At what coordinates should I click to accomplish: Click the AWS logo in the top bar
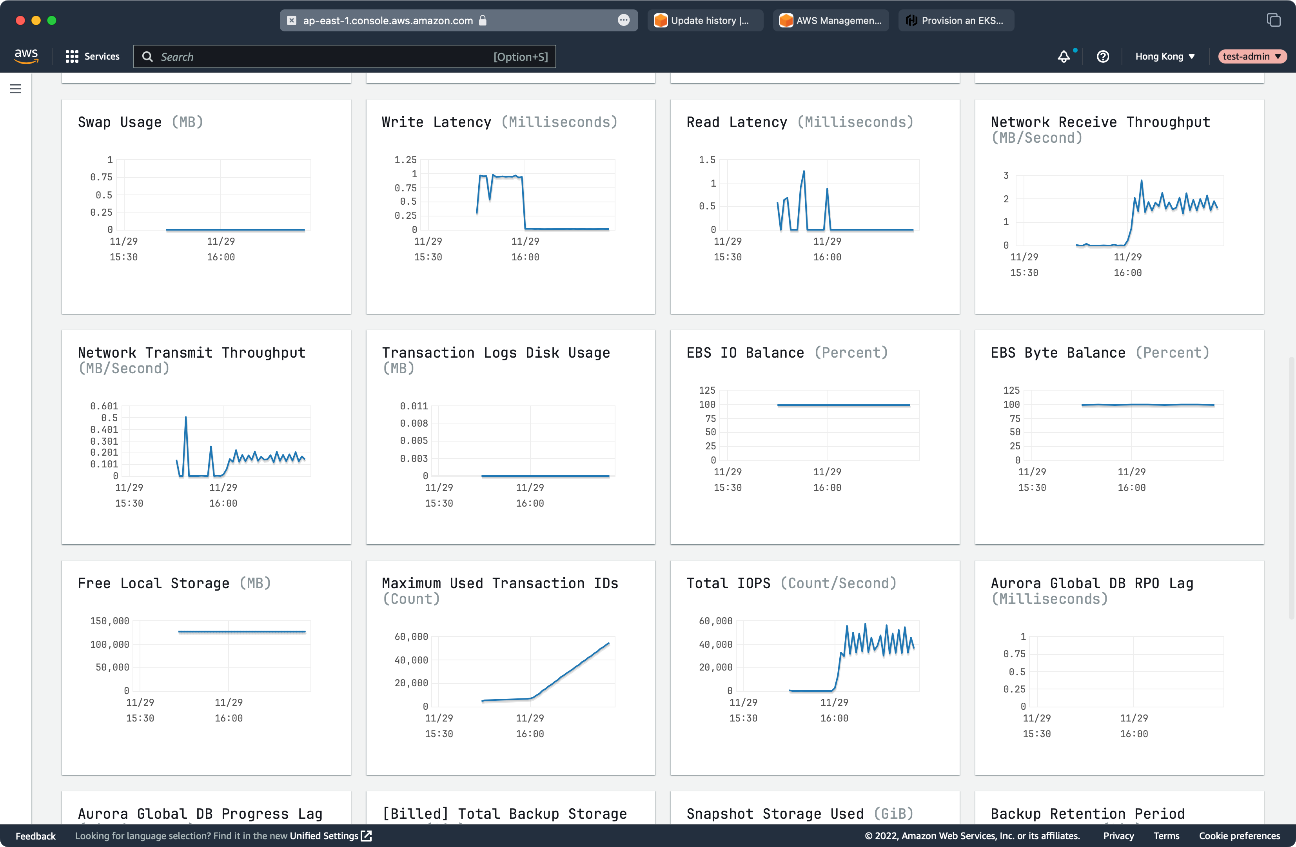26,56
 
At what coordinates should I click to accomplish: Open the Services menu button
93,56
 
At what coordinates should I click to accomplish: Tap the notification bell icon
1064,56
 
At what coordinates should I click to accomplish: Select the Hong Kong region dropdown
1165,56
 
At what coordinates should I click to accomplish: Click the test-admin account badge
1251,56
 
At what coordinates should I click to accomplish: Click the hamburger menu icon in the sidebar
16,88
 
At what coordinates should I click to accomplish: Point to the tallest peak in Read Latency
804,172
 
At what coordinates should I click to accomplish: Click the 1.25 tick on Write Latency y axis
406,160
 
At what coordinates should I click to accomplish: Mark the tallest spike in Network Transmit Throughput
186,417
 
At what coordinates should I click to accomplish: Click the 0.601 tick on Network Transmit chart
104,406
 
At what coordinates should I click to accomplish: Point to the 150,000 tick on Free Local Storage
109,621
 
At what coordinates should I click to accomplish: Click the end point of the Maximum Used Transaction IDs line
609,643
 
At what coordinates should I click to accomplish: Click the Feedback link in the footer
35,836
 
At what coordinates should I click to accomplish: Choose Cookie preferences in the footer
1240,836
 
